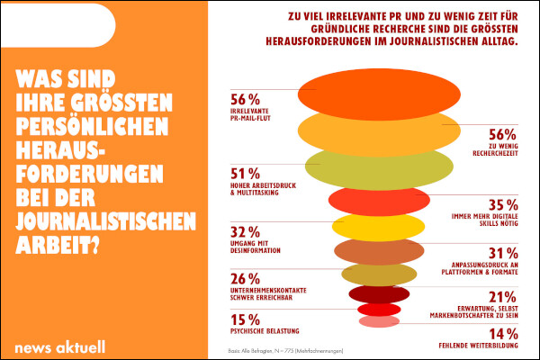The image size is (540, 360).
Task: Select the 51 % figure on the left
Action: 246,173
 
